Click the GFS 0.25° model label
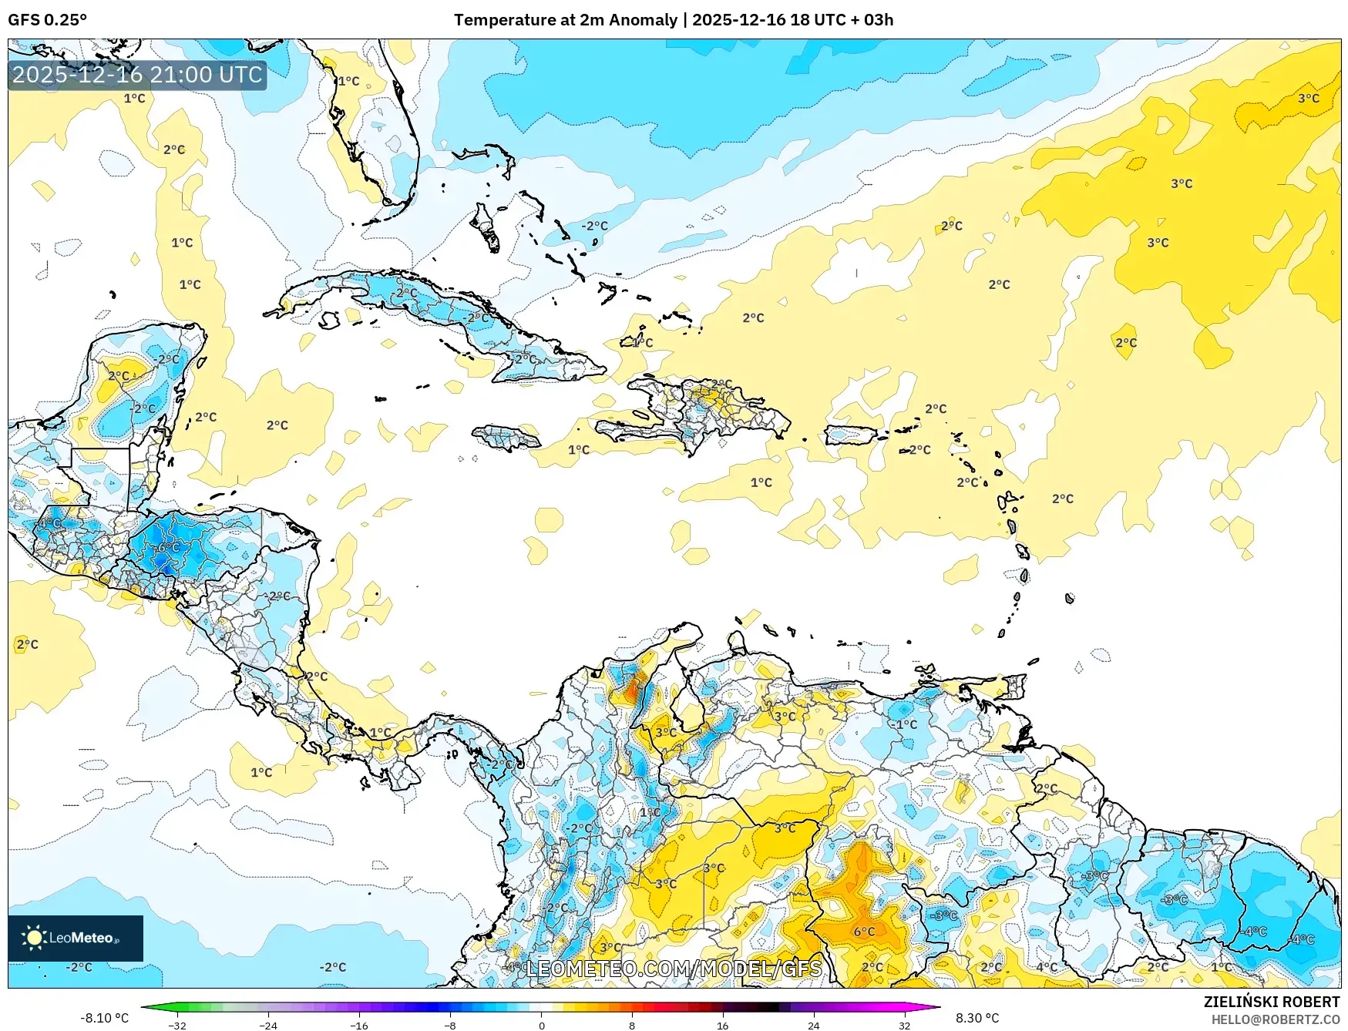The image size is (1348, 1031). (x=47, y=20)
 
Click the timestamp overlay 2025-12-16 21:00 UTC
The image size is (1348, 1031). (x=137, y=75)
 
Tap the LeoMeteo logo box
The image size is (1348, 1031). (x=76, y=938)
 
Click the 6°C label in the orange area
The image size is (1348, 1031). (x=864, y=931)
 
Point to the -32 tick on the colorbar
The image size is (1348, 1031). (x=177, y=1025)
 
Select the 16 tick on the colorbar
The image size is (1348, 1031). (x=722, y=1025)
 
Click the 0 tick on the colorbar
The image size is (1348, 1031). (x=541, y=1025)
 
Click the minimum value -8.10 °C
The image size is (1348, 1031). (x=104, y=1018)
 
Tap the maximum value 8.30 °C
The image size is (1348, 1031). (x=977, y=1018)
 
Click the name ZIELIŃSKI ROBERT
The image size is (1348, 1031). (x=1272, y=1002)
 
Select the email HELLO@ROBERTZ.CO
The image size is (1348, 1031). (x=1275, y=1019)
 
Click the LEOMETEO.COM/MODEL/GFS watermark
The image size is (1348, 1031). (x=674, y=968)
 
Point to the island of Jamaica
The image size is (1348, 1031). (x=506, y=437)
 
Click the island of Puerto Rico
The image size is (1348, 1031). (x=852, y=435)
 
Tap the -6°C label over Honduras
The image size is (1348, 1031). (x=168, y=547)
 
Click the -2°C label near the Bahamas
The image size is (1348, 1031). (x=593, y=226)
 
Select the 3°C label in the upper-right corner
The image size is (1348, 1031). (x=1308, y=99)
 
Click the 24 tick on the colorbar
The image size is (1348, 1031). (x=813, y=1025)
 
